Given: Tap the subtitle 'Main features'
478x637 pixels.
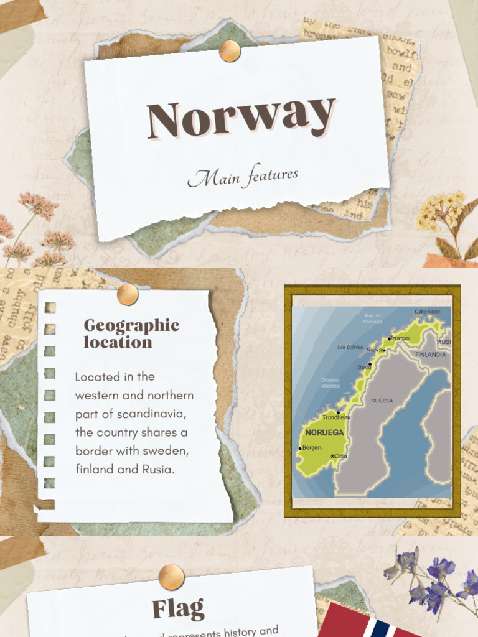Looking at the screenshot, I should pyautogui.click(x=243, y=177).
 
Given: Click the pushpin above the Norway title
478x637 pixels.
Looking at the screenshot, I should pyautogui.click(x=230, y=51).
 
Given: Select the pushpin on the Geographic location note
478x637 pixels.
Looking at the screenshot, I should pyautogui.click(x=128, y=294).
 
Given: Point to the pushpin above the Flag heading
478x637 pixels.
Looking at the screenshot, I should pyautogui.click(x=171, y=577).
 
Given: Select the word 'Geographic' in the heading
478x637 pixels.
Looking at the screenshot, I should pyautogui.click(x=131, y=325).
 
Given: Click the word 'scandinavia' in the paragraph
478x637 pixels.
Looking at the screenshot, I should pyautogui.click(x=152, y=414).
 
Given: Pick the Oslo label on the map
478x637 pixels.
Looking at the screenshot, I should pyautogui.click(x=340, y=457).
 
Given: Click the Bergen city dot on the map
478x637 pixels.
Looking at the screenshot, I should pyautogui.click(x=300, y=448).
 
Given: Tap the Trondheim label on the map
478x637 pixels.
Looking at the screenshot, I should pyautogui.click(x=335, y=417).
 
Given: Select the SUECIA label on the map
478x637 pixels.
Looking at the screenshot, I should pyautogui.click(x=382, y=401).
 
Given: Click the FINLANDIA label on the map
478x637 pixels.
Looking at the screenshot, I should pyautogui.click(x=430, y=355).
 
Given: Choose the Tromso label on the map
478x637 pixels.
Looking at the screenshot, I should pyautogui.click(x=400, y=338).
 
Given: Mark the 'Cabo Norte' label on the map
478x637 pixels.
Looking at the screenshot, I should pyautogui.click(x=427, y=311).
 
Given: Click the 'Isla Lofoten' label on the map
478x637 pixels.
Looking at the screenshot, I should pyautogui.click(x=350, y=347).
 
